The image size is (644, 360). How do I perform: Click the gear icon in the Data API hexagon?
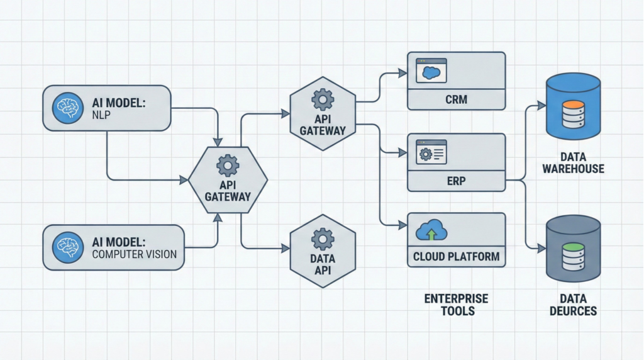tap(323, 238)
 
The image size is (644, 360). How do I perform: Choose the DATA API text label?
tap(323, 265)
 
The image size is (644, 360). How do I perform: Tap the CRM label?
tap(456, 99)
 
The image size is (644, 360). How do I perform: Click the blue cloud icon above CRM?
tap(431, 70)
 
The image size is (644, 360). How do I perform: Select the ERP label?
tap(456, 181)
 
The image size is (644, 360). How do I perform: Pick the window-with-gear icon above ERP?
tap(431, 152)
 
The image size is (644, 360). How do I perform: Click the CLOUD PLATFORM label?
tap(456, 257)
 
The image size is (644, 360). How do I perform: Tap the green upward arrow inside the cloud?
tap(431, 234)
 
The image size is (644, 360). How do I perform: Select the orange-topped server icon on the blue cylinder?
tap(573, 113)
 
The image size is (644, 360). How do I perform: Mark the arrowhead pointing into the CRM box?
tap(403, 73)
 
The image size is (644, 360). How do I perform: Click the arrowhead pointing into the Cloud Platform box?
tap(403, 225)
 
